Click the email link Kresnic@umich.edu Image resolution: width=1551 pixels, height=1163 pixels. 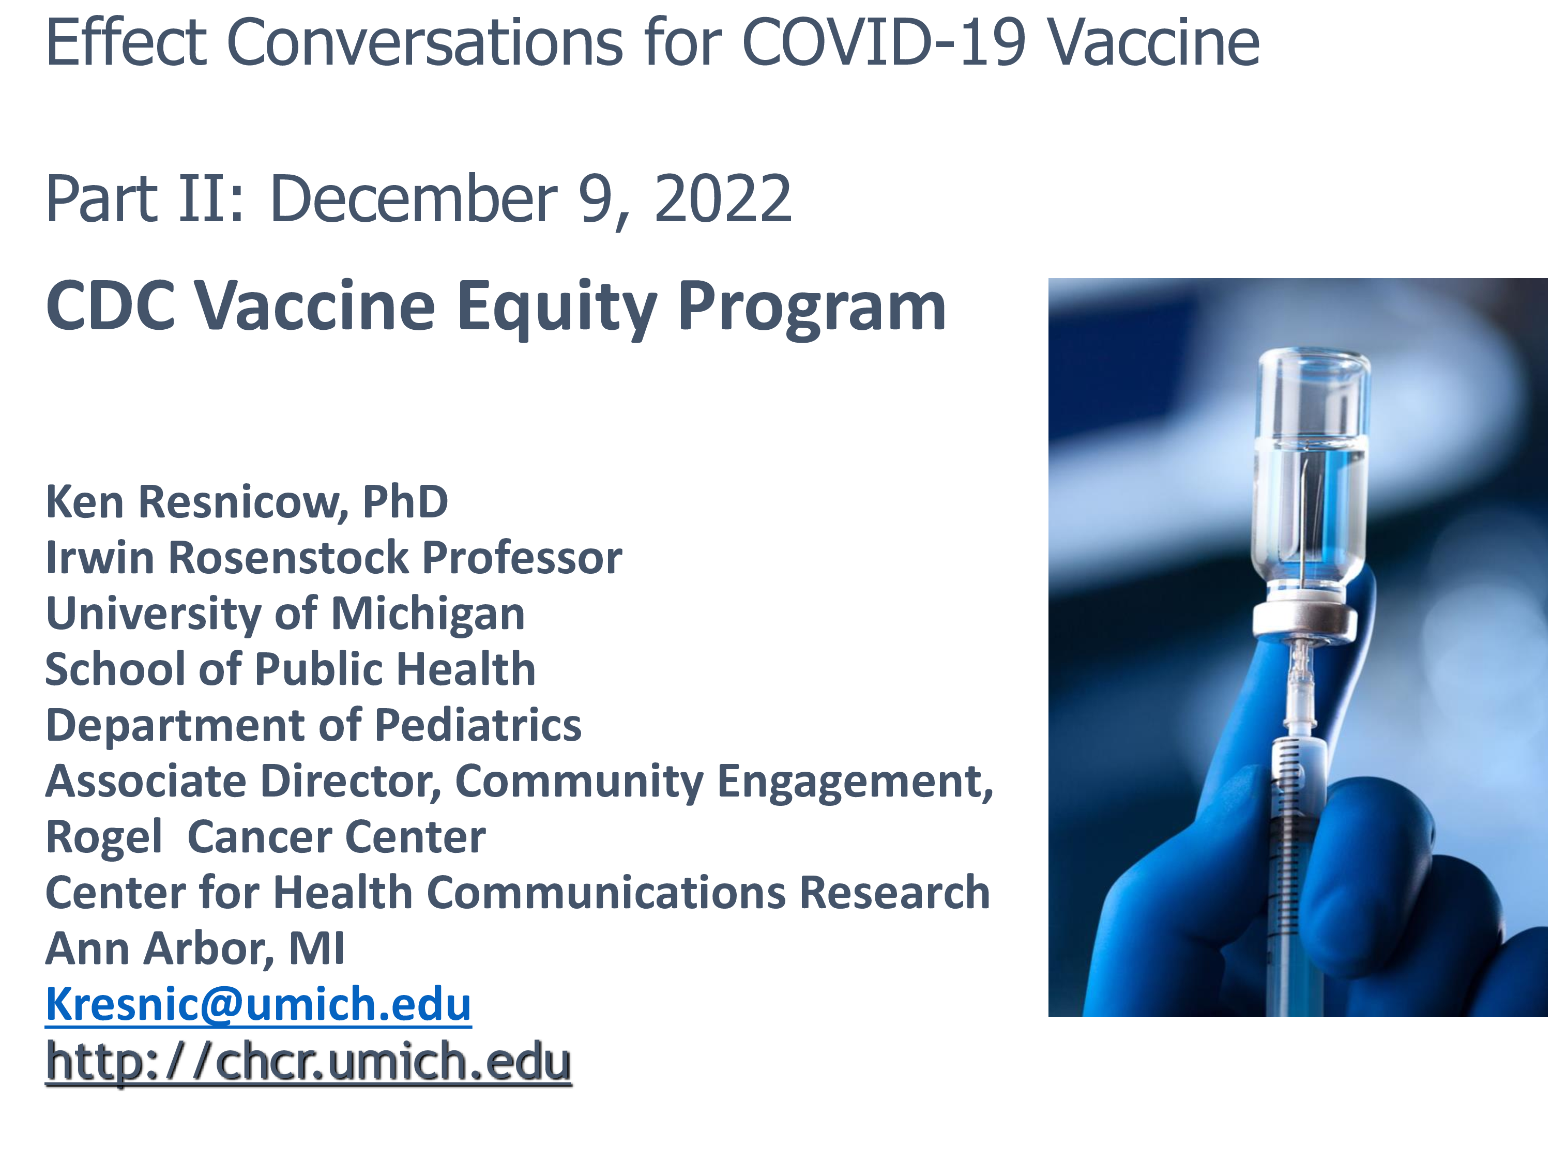[258, 1004]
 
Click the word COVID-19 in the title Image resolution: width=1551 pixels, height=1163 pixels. [884, 43]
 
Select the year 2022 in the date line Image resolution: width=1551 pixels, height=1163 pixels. [722, 199]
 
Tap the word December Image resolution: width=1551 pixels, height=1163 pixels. [414, 199]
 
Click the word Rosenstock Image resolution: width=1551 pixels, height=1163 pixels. [288, 558]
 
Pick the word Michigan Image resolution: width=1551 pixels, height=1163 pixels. [428, 615]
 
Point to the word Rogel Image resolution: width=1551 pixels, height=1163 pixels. [104, 838]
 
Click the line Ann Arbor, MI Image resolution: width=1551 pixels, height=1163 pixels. [195, 949]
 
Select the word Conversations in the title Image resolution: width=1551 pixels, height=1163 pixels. [425, 43]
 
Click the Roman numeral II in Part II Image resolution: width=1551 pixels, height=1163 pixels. [211, 199]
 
